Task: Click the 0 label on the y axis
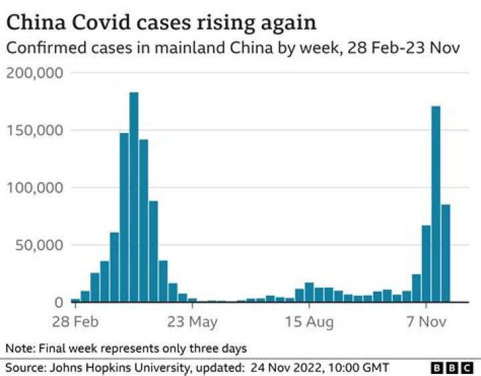58,302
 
